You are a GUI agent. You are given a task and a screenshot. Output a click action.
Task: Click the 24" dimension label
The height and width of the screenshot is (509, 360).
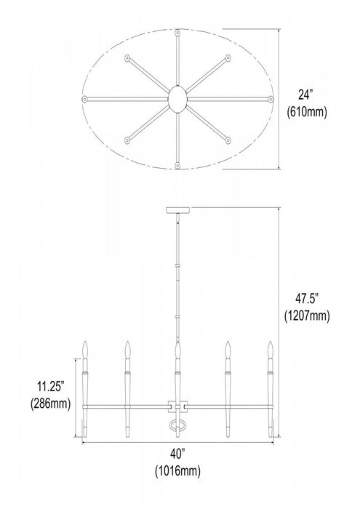coord(305,95)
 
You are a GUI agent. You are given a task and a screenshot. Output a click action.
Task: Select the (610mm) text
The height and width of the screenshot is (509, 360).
coord(307,112)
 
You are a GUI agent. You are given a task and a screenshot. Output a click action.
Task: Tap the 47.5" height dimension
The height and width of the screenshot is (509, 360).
coord(306,298)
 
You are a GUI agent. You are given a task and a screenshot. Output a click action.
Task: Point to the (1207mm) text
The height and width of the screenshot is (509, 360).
coord(307,316)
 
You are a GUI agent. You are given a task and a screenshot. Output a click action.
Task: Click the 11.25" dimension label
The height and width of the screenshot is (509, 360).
coord(50,387)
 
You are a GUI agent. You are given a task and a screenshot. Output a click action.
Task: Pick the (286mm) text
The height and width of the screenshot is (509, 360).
coord(51,404)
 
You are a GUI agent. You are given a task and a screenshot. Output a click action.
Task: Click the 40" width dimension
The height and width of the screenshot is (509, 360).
coord(177,454)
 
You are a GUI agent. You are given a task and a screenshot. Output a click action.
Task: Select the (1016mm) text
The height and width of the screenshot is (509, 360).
coord(177,470)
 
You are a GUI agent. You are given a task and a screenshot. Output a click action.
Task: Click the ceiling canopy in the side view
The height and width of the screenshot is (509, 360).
coord(177,210)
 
